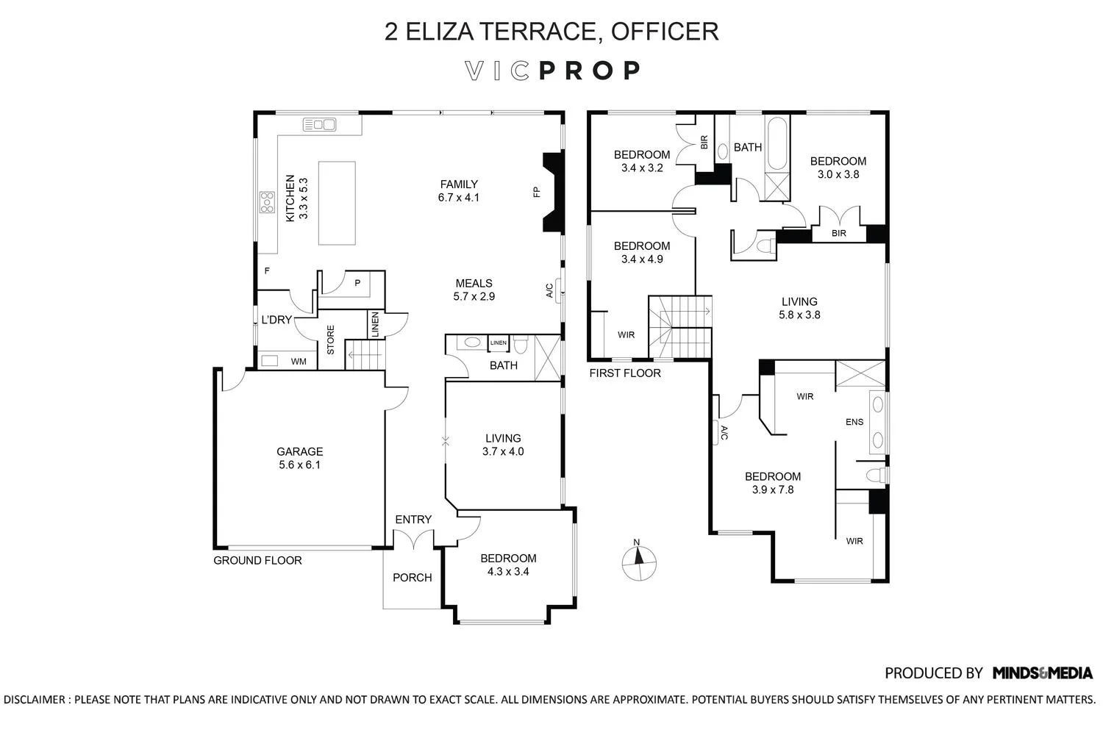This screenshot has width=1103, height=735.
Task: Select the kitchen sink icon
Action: [x=319, y=125]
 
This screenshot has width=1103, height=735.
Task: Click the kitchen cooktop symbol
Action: [x=266, y=202]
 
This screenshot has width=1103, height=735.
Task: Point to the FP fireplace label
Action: [x=537, y=193]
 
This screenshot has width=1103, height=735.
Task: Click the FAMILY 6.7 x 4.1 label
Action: [x=459, y=191]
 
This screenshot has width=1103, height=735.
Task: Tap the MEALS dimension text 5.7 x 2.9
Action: [x=474, y=297]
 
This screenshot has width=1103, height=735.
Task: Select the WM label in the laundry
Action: [x=299, y=362]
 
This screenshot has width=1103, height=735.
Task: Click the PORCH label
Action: [x=412, y=578]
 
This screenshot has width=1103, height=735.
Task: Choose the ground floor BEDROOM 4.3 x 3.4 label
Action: [x=508, y=564]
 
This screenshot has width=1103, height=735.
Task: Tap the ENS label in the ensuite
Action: [x=854, y=422]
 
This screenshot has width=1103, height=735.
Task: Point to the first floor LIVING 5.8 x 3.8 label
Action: [x=799, y=308]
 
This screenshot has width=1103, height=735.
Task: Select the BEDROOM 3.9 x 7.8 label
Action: [x=772, y=483]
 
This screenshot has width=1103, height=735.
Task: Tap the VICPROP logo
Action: [x=553, y=71]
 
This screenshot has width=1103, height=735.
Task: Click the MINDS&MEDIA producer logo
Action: [x=1042, y=673]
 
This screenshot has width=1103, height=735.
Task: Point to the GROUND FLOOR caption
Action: [x=257, y=561]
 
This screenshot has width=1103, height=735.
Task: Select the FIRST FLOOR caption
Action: [x=625, y=373]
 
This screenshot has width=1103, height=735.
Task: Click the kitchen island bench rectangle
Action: [x=337, y=203]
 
